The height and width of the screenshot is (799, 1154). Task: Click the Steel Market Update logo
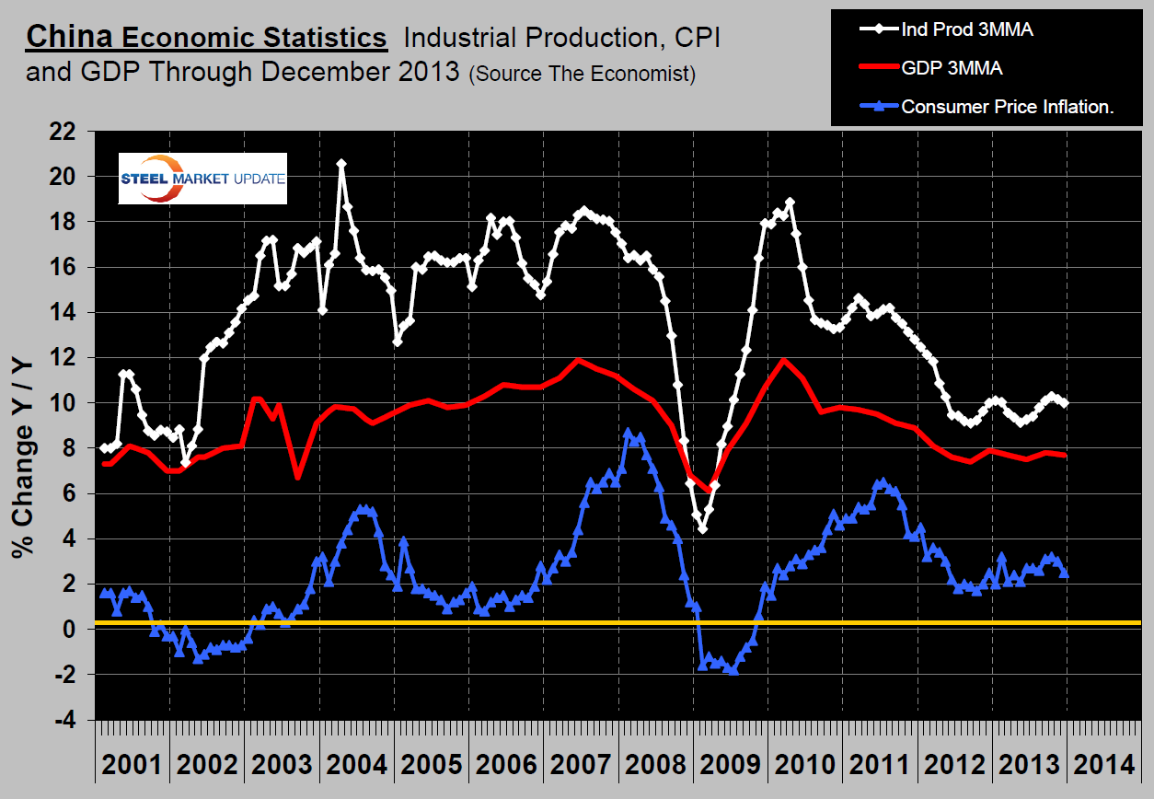[x=202, y=179]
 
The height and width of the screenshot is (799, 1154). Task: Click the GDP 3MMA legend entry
[x=952, y=68]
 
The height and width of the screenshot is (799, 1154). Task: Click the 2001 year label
[x=132, y=764]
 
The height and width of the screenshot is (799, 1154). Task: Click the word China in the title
[x=69, y=38]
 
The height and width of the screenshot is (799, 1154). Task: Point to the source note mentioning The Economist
[x=582, y=74]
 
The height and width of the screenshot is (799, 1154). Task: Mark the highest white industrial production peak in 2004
[x=341, y=164]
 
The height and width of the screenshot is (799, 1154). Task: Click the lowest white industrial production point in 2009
[x=702, y=528]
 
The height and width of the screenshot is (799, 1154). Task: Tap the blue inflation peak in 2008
[x=628, y=433]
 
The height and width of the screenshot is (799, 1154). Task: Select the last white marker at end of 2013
[x=1065, y=402]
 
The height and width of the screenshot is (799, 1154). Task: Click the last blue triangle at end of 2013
[x=1065, y=573]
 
